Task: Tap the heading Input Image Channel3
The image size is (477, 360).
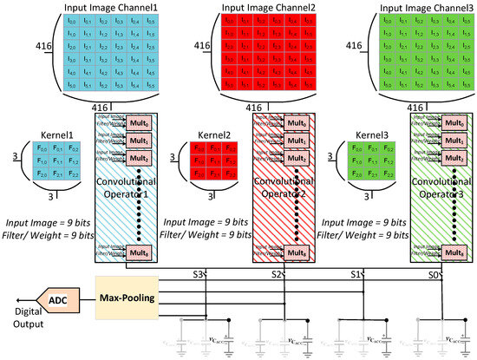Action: tap(411, 6)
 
